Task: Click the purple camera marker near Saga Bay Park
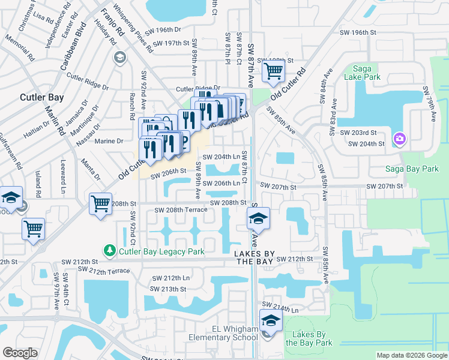(x=399, y=140)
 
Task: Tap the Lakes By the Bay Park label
(x=309, y=338)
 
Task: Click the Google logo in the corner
(x=20, y=353)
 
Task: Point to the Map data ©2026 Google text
(x=412, y=355)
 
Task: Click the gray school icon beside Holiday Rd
(x=119, y=57)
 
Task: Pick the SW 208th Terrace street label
(x=181, y=210)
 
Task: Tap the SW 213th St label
(x=169, y=289)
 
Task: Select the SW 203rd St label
(x=358, y=132)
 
